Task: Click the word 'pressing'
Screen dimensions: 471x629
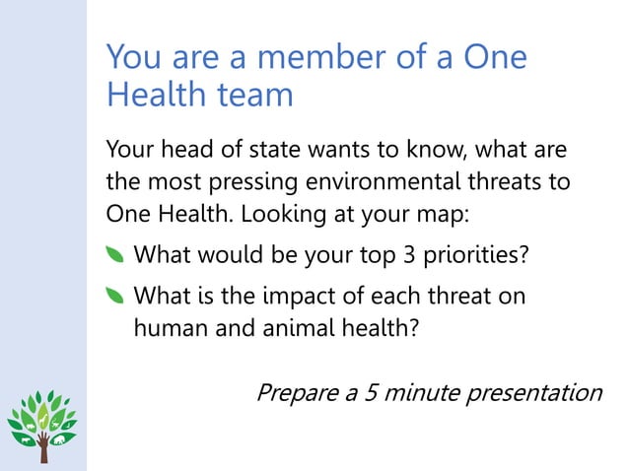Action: pyautogui.click(x=239, y=184)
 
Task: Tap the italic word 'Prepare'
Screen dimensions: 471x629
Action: pyautogui.click(x=294, y=393)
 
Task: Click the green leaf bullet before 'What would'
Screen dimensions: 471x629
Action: pyautogui.click(x=115, y=257)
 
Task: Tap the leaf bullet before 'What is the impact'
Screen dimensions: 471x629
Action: pyautogui.click(x=115, y=296)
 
